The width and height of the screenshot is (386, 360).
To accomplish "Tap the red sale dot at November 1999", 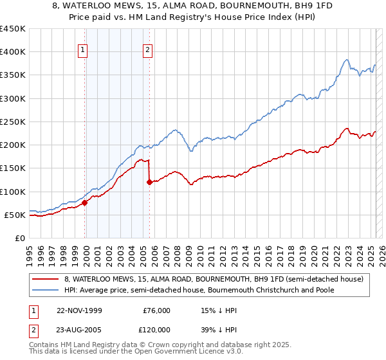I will [85, 203].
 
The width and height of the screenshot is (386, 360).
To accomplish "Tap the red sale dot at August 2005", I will [150, 182].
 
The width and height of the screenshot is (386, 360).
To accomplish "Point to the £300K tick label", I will [13, 98].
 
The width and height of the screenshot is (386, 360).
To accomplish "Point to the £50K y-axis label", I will [15, 215].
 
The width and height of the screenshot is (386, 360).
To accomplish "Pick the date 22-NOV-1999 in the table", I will [79, 310].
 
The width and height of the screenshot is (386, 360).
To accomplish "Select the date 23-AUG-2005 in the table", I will [79, 329].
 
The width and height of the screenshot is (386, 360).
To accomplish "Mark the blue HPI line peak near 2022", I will [347, 60].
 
